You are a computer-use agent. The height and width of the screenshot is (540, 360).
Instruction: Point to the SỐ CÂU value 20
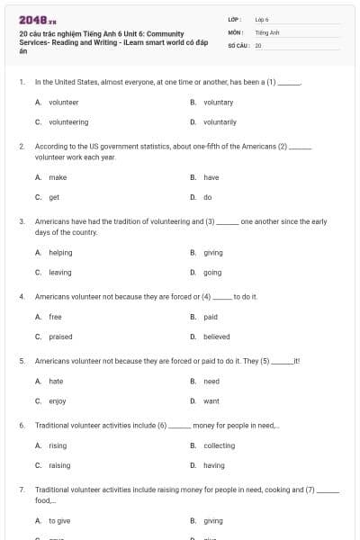pos(258,44)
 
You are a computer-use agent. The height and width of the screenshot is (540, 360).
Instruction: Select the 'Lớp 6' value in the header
pos(262,19)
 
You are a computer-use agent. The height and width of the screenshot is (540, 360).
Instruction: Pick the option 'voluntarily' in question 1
pos(220,121)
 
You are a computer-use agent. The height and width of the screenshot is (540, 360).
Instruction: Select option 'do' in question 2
pos(208,196)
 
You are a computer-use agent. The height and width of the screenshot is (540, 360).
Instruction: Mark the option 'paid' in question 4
pos(211,317)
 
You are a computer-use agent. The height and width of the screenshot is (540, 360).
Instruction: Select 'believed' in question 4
pos(216,337)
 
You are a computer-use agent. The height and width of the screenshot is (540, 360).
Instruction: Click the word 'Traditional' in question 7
pos(54,490)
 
